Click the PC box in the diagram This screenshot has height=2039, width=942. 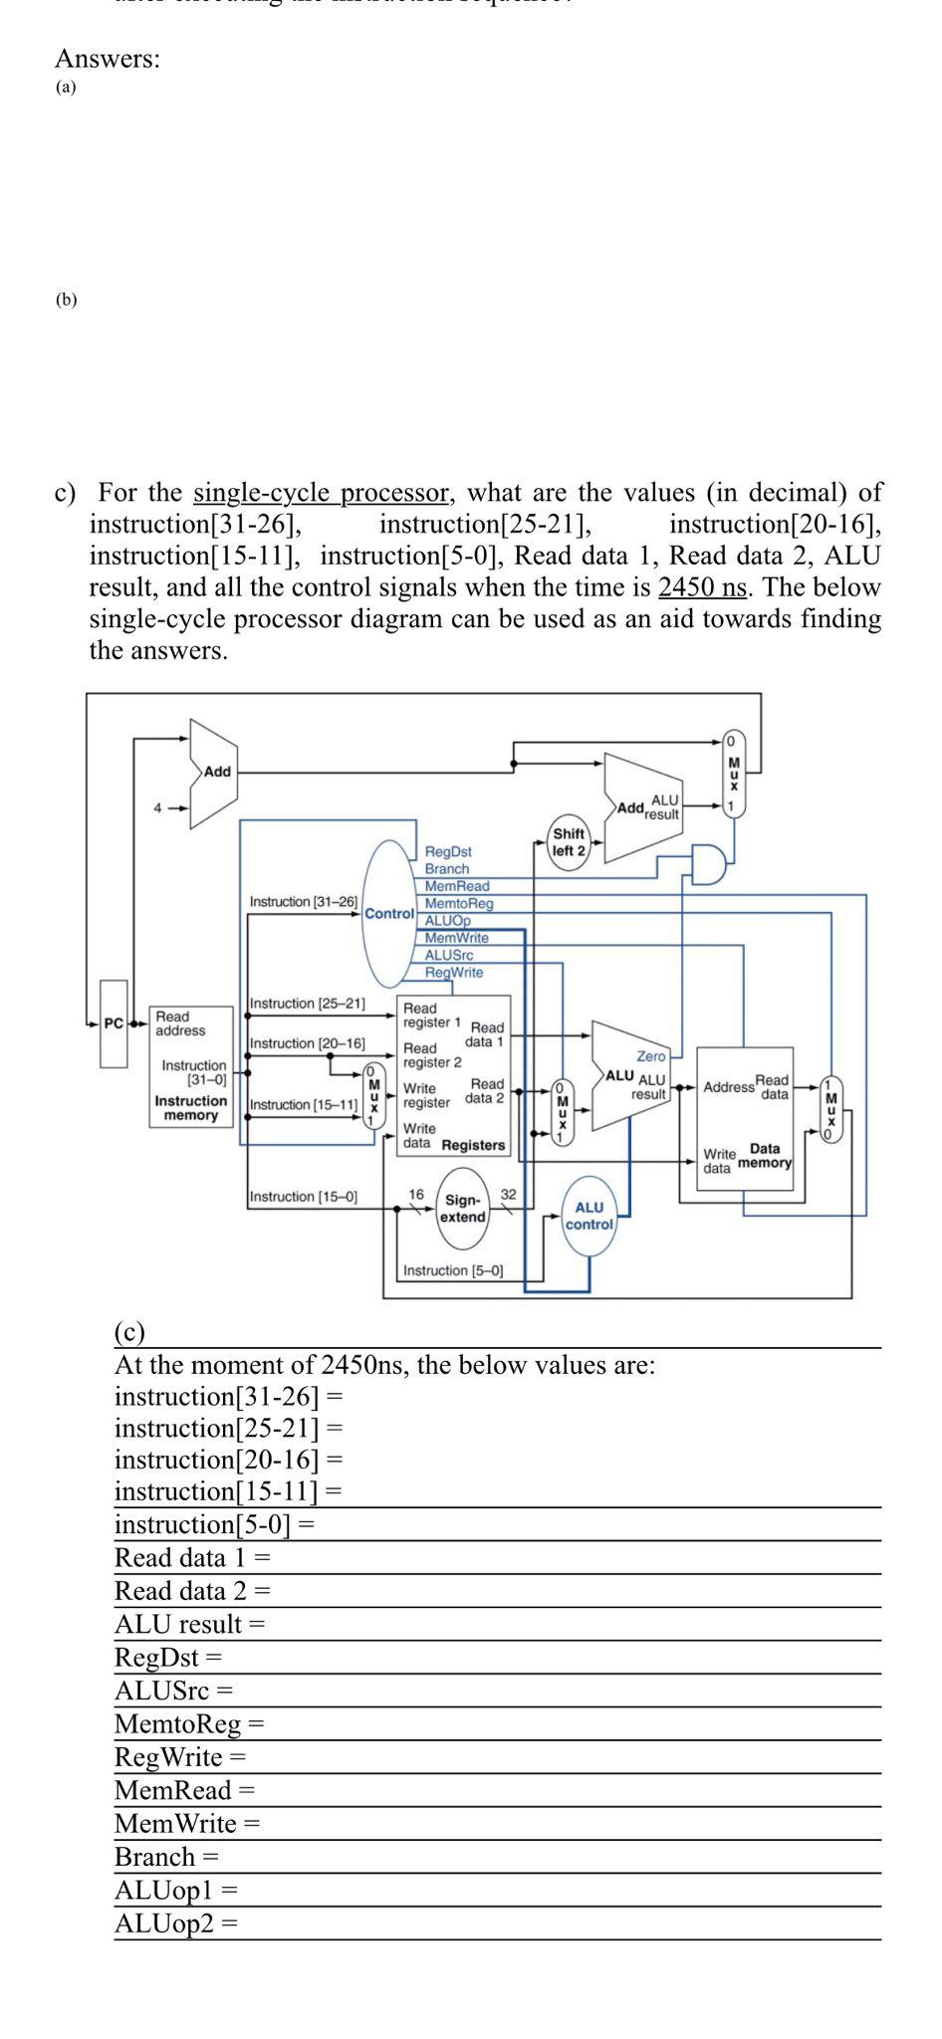114,1023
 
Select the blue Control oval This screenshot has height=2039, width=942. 389,913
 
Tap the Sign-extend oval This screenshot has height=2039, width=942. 463,1209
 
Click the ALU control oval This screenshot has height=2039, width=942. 589,1216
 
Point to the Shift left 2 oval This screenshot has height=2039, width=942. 569,842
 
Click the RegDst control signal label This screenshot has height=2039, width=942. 447,852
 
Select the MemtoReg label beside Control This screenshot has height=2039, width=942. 459,903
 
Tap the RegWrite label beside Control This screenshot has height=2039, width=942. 453,972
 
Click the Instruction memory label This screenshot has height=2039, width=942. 190,1108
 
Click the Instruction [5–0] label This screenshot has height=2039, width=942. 453,1270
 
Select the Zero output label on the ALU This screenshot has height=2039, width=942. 650,1055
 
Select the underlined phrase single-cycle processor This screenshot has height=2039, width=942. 321,492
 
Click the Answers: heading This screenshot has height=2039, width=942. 107,59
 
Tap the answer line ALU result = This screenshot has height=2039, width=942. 189,1624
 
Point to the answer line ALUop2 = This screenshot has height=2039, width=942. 176,1923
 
